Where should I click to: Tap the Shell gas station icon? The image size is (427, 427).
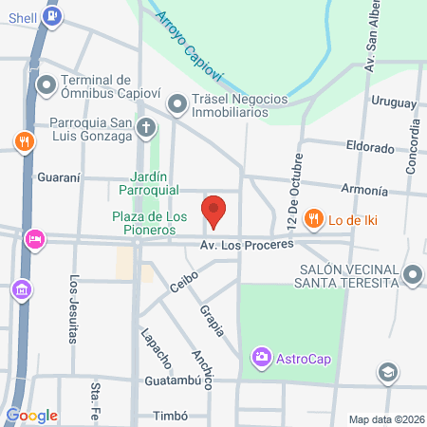[x=56, y=15]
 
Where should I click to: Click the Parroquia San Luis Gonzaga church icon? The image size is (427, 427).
[x=146, y=127]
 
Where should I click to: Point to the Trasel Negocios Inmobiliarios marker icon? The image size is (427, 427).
[x=178, y=105]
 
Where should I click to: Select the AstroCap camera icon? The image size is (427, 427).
[x=260, y=358]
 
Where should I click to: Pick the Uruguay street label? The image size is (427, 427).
[x=394, y=102]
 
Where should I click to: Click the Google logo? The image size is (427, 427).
[x=31, y=415]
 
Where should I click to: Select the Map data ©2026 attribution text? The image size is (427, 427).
[x=385, y=418]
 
